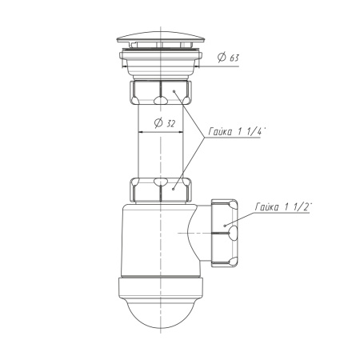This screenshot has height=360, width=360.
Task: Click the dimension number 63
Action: [234, 58]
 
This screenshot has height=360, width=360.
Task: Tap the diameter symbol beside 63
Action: [222, 57]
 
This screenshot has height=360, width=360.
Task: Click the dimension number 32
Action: [171, 124]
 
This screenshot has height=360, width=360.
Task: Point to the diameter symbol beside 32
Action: [158, 122]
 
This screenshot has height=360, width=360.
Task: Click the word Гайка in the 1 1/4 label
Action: [220, 131]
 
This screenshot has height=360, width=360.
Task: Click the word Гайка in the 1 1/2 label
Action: [266, 207]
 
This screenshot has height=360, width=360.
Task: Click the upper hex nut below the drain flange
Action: [160, 92]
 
